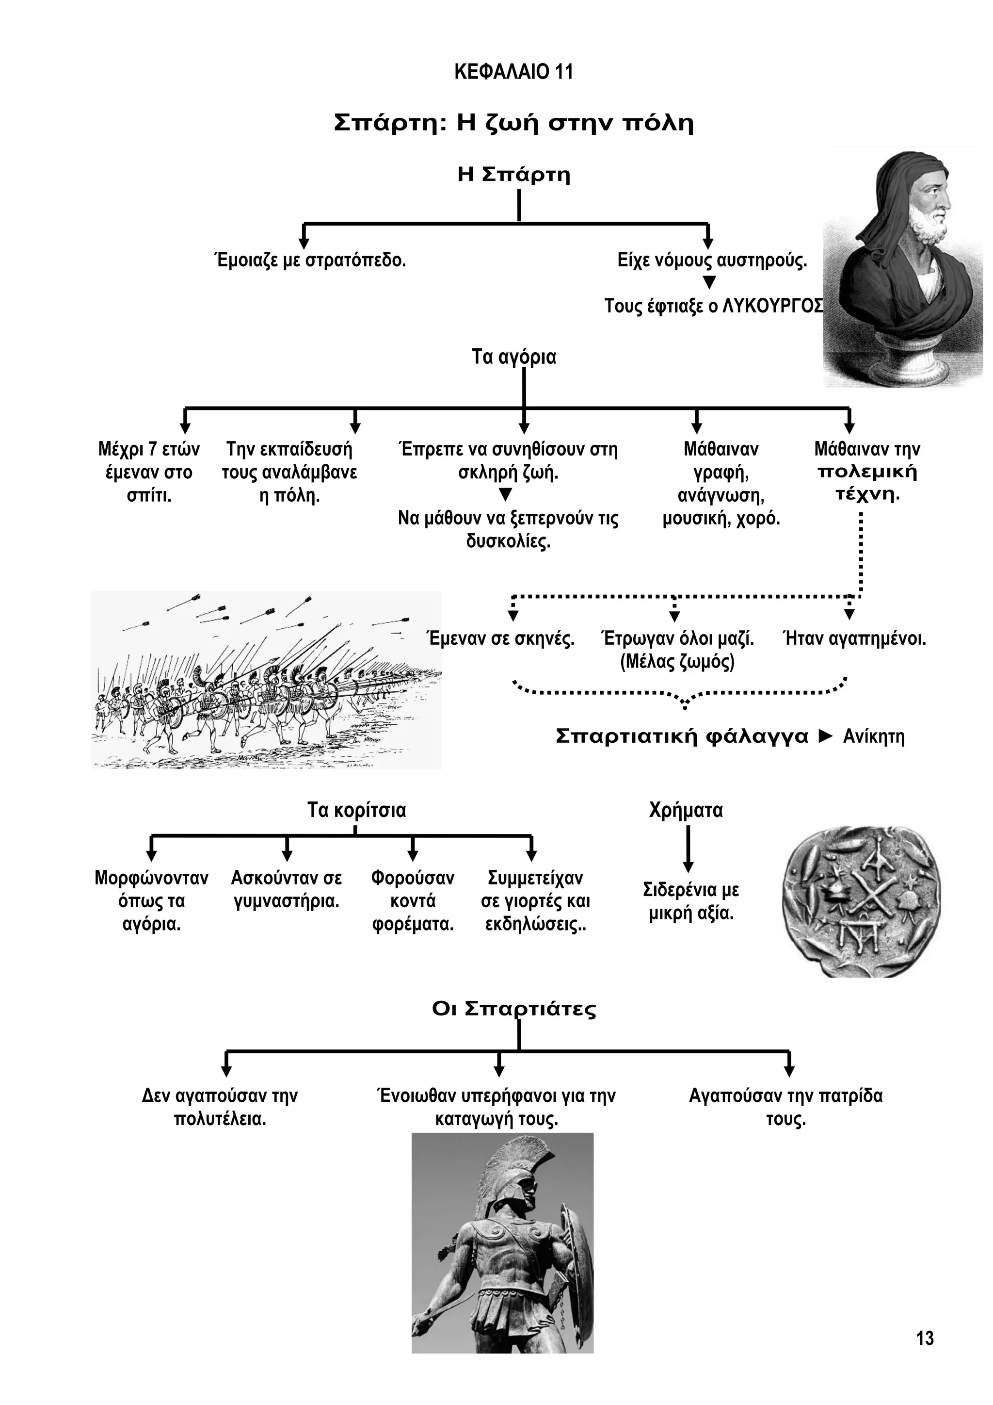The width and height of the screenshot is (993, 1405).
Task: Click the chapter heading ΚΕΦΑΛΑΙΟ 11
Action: pyautogui.click(x=513, y=72)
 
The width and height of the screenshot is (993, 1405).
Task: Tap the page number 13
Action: pyautogui.click(x=925, y=1339)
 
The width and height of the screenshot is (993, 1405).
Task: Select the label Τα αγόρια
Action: pyautogui.click(x=513, y=356)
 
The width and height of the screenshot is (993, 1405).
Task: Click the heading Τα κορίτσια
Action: pyautogui.click(x=356, y=810)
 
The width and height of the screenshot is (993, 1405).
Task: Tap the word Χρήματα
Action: pyautogui.click(x=686, y=810)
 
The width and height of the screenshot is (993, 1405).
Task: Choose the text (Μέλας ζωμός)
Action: pyautogui.click(x=677, y=662)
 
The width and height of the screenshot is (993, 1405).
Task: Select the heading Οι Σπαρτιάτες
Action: pyautogui.click(x=513, y=1009)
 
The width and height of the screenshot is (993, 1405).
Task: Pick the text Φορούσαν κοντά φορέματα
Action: pyautogui.click(x=413, y=901)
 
